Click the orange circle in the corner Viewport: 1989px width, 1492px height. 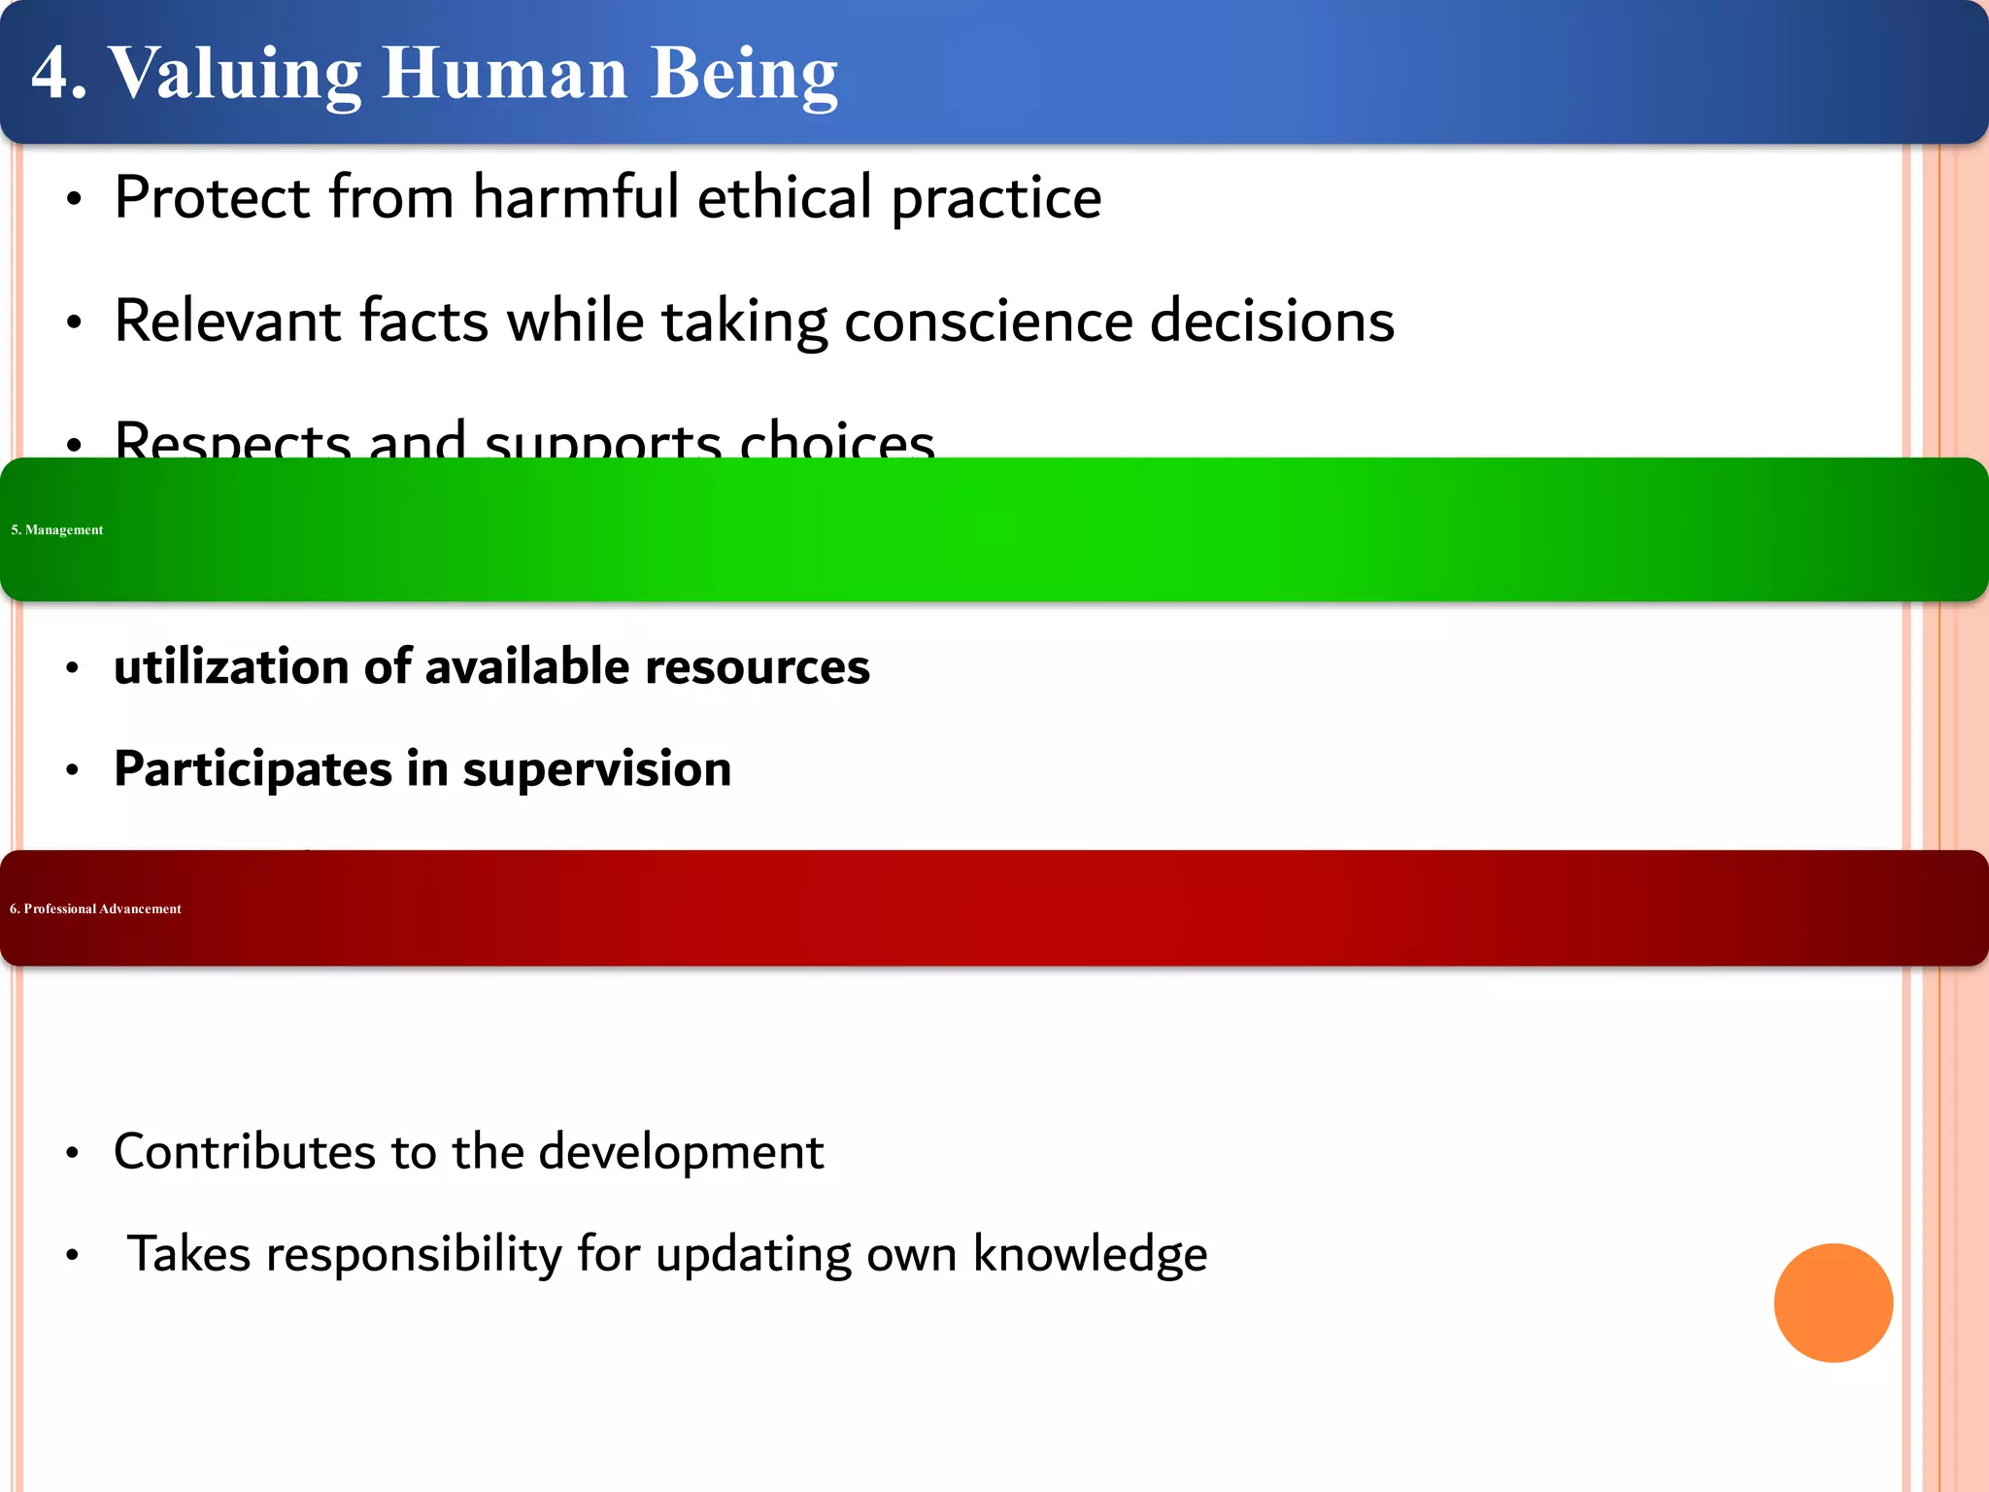click(x=1833, y=1303)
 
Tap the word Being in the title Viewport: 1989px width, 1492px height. click(x=743, y=75)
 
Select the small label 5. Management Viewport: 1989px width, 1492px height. click(x=57, y=529)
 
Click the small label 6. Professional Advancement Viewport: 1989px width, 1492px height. click(x=95, y=908)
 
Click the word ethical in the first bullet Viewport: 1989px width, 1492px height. click(x=785, y=198)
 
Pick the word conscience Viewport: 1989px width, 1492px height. click(x=988, y=322)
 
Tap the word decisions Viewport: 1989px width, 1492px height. click(x=1271, y=322)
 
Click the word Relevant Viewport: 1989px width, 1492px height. click(x=228, y=322)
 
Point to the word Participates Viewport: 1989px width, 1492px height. click(x=253, y=769)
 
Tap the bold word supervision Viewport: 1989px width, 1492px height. click(x=596, y=769)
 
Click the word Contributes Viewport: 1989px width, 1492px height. click(x=244, y=1152)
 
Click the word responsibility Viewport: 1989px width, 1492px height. click(x=414, y=1254)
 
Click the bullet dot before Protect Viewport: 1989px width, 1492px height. click(x=74, y=200)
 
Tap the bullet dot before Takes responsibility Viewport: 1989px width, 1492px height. click(x=72, y=1256)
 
